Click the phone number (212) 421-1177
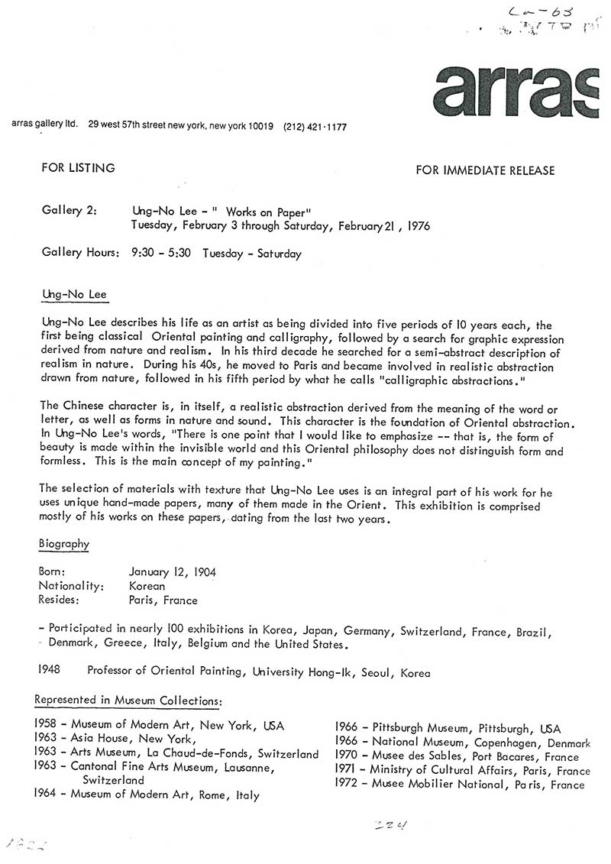point(315,128)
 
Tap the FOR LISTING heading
point(78,168)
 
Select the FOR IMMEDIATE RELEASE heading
point(485,170)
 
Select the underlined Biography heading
point(63,544)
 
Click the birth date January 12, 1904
point(173,571)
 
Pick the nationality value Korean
point(147,586)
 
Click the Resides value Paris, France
point(163,600)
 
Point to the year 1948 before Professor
point(50,672)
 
